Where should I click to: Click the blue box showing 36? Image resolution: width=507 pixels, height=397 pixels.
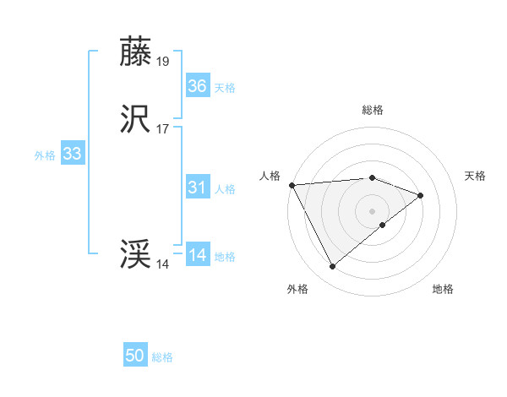(x=198, y=86)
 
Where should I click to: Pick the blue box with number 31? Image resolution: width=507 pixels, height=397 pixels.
(x=198, y=188)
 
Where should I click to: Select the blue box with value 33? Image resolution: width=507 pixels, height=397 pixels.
(x=73, y=154)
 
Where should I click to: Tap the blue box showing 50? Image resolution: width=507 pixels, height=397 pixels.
(x=135, y=356)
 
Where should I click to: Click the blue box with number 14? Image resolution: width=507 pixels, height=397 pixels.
(x=198, y=255)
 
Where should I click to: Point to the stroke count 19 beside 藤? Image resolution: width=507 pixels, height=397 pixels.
(x=163, y=61)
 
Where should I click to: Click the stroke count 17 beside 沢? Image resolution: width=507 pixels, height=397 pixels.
(x=163, y=128)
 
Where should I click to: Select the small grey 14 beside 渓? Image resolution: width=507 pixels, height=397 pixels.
(x=163, y=264)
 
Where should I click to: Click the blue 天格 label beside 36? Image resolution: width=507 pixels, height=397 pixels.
(x=225, y=88)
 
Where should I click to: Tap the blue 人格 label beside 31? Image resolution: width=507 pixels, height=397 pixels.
(x=225, y=189)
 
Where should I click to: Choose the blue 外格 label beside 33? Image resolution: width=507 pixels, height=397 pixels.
(x=45, y=155)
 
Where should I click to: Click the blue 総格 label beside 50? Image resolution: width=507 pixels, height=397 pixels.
(x=162, y=357)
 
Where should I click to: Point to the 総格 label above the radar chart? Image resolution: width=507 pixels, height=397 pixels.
(x=373, y=110)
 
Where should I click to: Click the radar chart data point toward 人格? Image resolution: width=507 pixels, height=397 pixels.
(x=292, y=184)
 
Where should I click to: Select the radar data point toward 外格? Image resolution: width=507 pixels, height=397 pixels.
(x=332, y=267)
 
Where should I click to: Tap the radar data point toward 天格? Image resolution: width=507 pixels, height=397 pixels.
(x=420, y=195)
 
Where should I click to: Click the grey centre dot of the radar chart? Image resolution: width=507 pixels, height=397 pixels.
(x=373, y=209)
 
